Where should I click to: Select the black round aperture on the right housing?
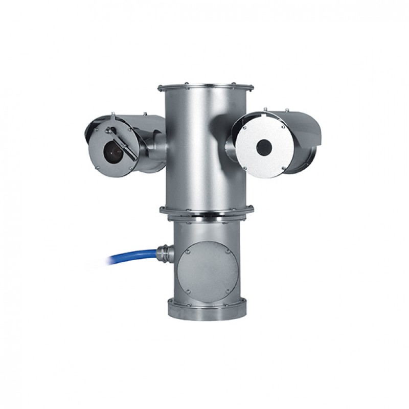[263, 147]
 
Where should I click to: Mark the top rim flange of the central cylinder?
[206, 88]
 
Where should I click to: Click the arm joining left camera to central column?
[153, 146]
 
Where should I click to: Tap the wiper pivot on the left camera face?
[108, 131]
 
